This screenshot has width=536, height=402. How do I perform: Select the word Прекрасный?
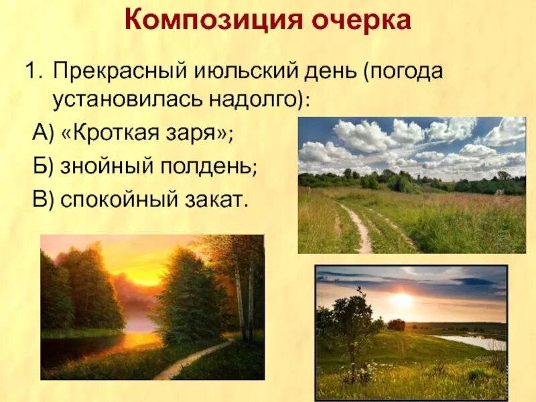pyautogui.click(x=120, y=72)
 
